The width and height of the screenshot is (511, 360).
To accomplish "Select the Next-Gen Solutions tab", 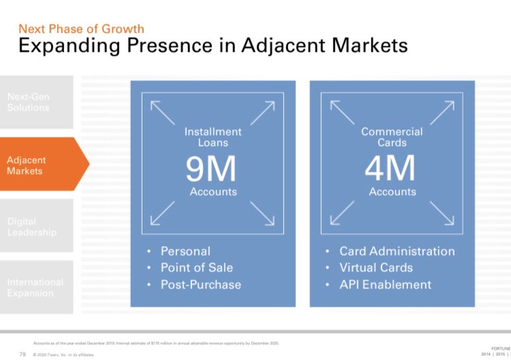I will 29,102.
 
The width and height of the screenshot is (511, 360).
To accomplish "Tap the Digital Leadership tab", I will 32,227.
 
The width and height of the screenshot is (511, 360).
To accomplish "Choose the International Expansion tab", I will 35,287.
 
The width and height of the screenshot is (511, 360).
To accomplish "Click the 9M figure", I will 211,169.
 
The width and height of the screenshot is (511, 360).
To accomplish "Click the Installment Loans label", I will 213,137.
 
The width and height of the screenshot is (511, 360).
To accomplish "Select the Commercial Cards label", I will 392,137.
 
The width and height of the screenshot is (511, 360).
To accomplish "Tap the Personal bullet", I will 185,251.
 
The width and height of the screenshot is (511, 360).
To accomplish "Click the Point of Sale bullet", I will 196,267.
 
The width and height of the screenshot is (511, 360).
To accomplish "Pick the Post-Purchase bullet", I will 200,284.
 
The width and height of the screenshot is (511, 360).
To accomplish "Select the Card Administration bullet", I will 397,251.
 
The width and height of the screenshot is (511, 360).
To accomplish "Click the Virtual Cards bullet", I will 376,267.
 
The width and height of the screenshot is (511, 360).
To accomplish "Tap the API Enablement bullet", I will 385,284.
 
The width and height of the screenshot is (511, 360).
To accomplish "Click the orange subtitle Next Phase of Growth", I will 81,29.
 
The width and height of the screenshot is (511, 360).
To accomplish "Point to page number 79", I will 22,354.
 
